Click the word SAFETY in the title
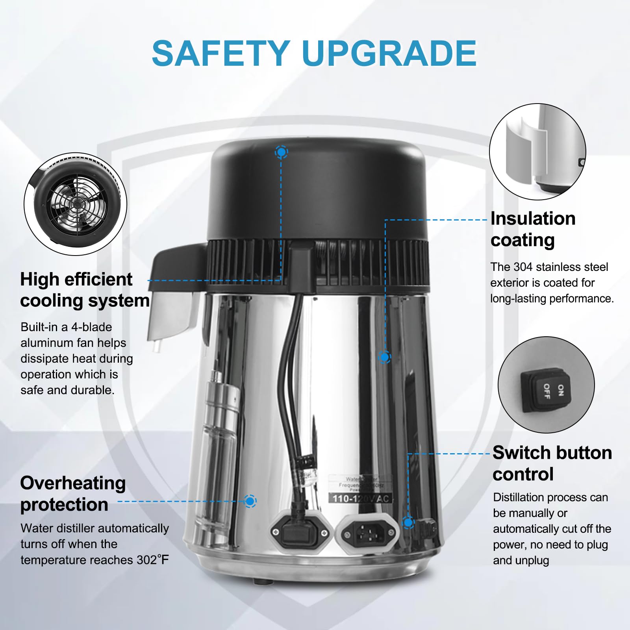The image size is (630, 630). click(221, 54)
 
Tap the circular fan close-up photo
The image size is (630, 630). click(76, 204)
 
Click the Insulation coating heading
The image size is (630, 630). click(532, 229)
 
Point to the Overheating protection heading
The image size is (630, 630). click(73, 494)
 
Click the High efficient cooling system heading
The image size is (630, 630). click(84, 290)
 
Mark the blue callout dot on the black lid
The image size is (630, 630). click(281, 152)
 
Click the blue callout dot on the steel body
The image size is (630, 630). click(384, 357)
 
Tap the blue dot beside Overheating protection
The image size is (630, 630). click(250, 501)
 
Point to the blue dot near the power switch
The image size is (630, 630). click(408, 523)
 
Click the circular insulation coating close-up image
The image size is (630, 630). click(537, 152)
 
